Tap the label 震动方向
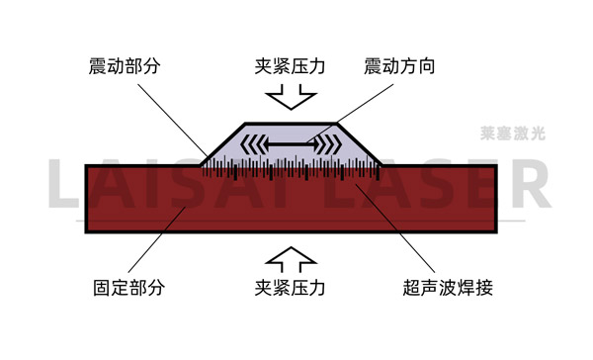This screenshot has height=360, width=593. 398,67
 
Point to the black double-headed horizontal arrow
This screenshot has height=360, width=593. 294,144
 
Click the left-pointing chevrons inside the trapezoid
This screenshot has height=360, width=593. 256,144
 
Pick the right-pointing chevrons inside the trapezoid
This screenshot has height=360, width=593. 328,144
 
